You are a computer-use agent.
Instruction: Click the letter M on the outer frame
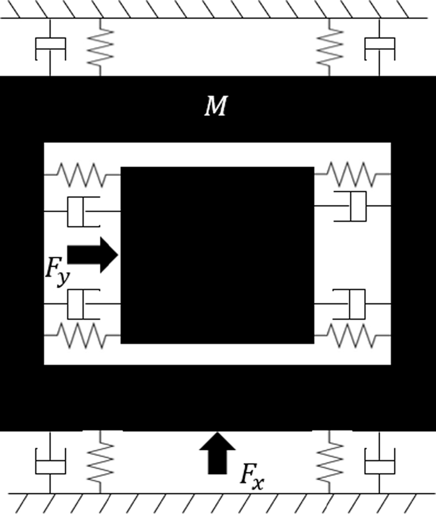tap(215, 107)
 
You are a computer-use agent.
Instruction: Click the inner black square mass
tap(217, 255)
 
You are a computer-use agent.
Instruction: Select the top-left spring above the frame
tap(100, 48)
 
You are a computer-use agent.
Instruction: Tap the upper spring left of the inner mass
tap(82, 175)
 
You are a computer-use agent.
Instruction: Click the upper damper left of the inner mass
tap(82, 211)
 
